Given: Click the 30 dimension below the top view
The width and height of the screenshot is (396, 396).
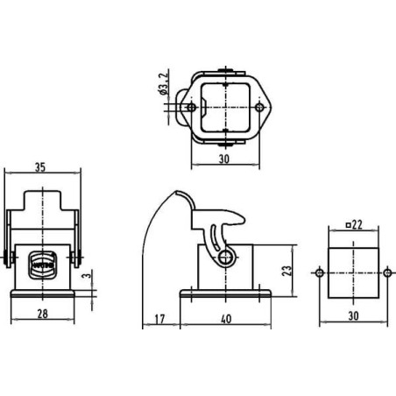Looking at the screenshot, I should click(223, 159).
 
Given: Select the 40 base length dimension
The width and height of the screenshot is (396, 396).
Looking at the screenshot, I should click(227, 318).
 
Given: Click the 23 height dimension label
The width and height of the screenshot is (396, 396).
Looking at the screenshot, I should click(286, 272).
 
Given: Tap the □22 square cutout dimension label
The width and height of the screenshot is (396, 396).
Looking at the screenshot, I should click(354, 225).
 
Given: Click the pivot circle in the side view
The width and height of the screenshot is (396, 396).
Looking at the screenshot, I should click(227, 257).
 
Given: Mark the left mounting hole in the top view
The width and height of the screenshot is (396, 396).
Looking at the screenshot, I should click(192, 108).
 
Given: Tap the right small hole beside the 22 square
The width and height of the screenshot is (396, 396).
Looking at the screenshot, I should click(388, 272).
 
